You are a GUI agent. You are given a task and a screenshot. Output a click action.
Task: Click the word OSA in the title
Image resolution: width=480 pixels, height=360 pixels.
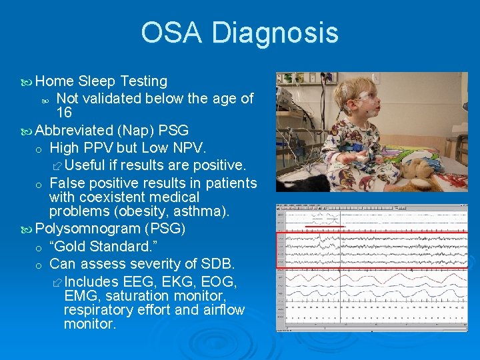[172, 33]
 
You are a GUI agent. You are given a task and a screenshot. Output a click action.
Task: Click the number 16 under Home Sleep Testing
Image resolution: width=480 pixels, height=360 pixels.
[64, 113]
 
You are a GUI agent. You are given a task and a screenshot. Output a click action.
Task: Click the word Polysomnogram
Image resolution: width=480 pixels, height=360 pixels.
[87, 229]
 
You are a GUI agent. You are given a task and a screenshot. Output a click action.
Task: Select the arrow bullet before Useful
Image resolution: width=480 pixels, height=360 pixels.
[57, 165]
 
